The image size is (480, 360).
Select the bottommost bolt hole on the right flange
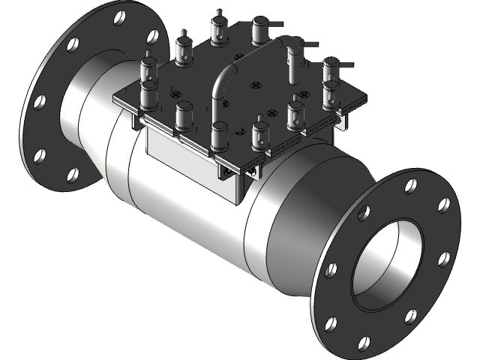(364, 343)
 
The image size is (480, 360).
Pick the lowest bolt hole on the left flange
(73, 175)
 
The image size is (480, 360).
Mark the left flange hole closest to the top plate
(154, 36)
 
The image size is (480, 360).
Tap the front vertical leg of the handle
(218, 94)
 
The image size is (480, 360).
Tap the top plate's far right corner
(367, 96)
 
